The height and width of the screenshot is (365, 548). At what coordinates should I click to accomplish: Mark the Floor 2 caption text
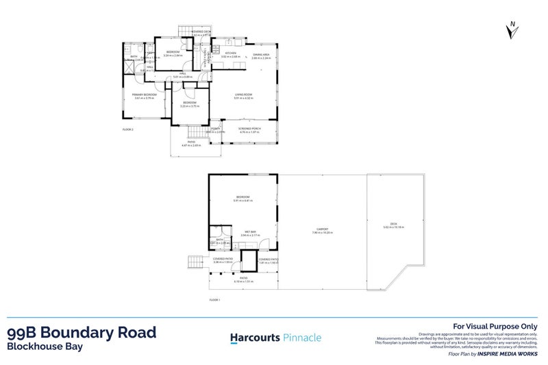127,129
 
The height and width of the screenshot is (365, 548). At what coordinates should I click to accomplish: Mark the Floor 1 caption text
215,299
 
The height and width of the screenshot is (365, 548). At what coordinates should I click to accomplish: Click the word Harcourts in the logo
253,337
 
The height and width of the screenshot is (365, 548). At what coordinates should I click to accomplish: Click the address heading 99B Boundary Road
81,333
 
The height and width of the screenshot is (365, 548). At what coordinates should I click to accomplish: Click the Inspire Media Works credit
512,357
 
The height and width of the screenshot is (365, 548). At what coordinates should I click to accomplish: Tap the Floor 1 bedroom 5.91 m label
244,199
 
